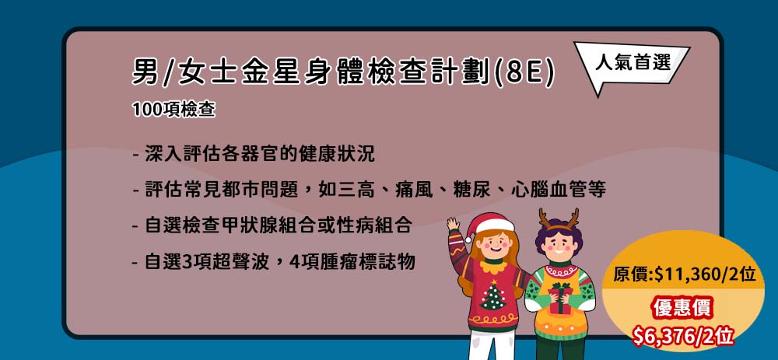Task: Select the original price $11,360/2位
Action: [684, 274]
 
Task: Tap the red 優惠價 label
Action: [683, 309]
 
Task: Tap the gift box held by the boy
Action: [561, 298]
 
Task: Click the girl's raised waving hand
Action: [453, 224]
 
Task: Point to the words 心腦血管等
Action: [558, 190]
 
